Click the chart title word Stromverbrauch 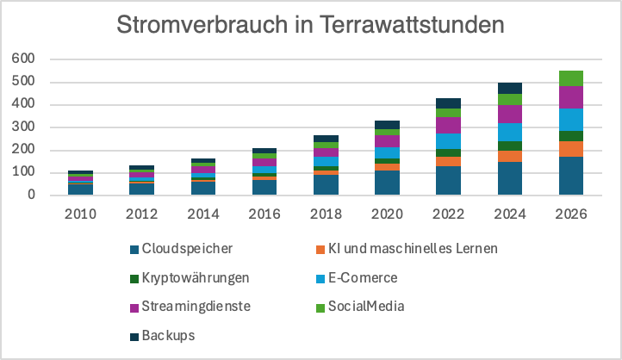198,25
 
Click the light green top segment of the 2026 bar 571,78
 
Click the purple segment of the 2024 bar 510,114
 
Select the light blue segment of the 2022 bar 449,141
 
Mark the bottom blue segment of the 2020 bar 388,183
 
